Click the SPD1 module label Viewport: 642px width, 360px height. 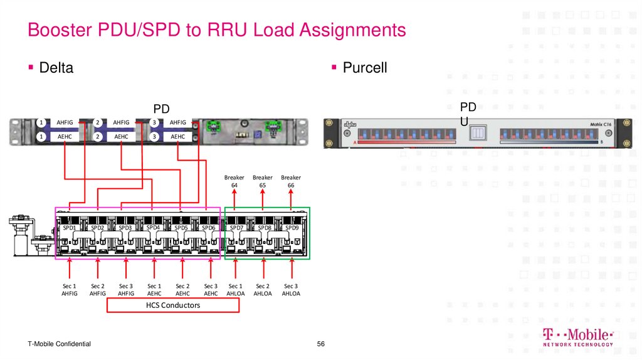pyautogui.click(x=68, y=228)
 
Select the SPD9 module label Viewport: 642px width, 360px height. pyautogui.click(x=292, y=228)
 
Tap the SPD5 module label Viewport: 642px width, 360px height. pyautogui.click(x=181, y=228)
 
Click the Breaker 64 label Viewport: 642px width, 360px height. pyautogui.click(x=234, y=181)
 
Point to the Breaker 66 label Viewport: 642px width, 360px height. pyautogui.click(x=291, y=181)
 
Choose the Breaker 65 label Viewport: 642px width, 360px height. pyautogui.click(x=263, y=181)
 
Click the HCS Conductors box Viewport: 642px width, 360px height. pyautogui.click(x=172, y=305)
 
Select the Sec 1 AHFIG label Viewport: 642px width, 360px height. pyautogui.click(x=69, y=289)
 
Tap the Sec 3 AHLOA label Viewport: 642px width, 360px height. pyautogui.click(x=291, y=289)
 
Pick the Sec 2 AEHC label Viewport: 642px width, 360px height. pyautogui.click(x=182, y=289)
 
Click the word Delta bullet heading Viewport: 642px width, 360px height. pyautogui.click(x=56, y=68)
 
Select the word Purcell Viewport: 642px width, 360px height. pyautogui.click(x=364, y=68)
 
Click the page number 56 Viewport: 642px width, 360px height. pyautogui.click(x=321, y=344)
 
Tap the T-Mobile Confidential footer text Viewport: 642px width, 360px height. pyautogui.click(x=59, y=344)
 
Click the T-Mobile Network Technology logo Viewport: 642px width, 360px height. pyautogui.click(x=577, y=337)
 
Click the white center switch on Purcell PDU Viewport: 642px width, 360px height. pyautogui.click(x=478, y=133)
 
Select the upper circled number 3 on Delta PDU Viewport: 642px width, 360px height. pyautogui.click(x=154, y=122)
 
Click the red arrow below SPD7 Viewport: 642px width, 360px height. pyautogui.click(x=235, y=268)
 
